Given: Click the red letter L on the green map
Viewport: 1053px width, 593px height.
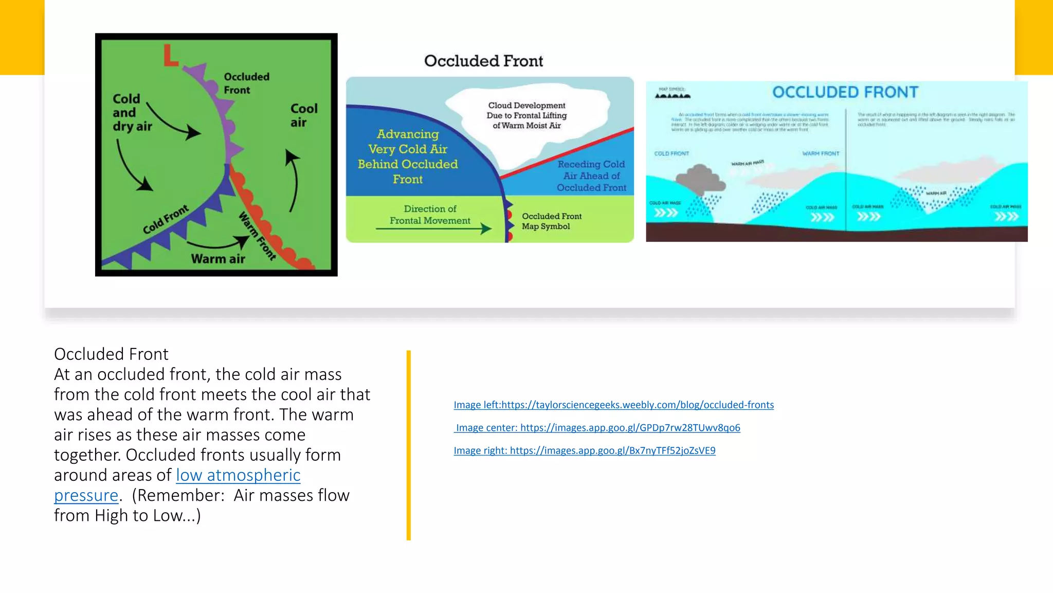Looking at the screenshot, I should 170,56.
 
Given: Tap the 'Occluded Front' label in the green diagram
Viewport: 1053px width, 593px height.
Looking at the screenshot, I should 246,83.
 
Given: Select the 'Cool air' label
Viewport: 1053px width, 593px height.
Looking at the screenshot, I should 303,115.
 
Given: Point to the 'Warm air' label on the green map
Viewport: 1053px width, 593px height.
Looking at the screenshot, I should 218,259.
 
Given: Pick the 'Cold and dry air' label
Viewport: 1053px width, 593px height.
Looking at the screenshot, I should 132,113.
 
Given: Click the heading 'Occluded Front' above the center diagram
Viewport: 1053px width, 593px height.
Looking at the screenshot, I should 483,61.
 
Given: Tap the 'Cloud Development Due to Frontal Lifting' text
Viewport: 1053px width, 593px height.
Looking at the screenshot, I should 526,115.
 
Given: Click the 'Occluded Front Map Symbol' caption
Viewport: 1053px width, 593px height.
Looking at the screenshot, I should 551,221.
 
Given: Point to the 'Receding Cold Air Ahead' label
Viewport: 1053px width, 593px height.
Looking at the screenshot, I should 591,176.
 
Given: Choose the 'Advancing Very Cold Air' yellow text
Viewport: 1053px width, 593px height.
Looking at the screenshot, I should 408,156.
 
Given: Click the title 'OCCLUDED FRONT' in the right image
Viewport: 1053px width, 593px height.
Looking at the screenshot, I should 845,92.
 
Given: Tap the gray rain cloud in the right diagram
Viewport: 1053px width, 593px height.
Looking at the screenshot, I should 700,179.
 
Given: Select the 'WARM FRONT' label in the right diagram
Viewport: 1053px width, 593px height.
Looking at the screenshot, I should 821,153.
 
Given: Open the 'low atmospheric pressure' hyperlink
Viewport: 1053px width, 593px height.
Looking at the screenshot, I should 238,475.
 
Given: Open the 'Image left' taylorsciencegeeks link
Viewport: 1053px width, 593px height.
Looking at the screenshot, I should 613,405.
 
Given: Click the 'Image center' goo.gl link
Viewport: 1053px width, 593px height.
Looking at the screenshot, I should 598,428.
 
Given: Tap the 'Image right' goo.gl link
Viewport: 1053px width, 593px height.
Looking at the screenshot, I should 585,451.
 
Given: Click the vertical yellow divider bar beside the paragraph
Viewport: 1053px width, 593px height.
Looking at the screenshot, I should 409,445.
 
